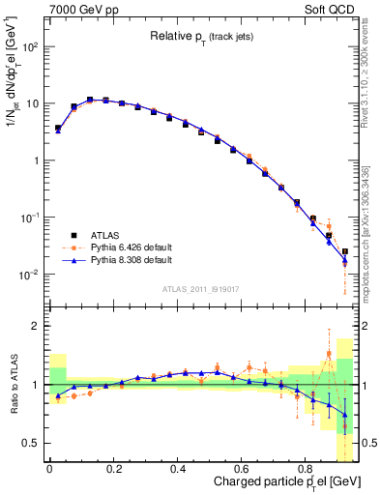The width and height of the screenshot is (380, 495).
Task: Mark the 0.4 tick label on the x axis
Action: [177, 468]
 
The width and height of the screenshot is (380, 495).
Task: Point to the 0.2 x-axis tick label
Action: [113, 468]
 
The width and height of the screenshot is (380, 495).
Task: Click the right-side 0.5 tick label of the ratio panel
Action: [367, 443]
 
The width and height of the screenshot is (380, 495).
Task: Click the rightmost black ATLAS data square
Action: [345, 251]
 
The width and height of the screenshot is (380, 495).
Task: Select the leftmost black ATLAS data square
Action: [58, 128]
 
